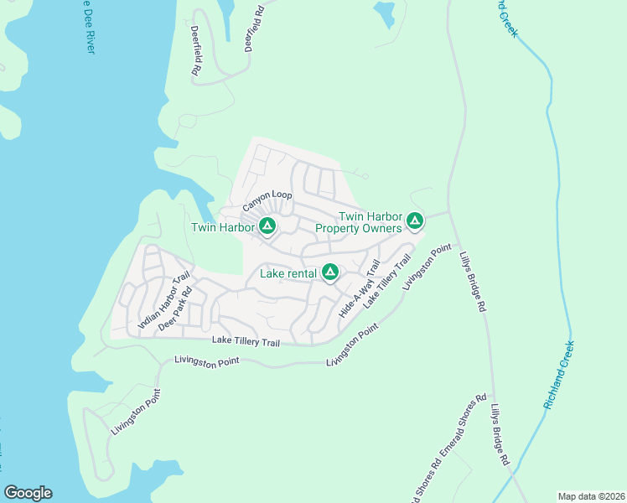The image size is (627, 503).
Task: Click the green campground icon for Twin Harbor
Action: click(x=267, y=226)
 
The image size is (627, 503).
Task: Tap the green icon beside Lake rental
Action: click(x=330, y=272)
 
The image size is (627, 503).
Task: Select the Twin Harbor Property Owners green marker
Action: click(x=414, y=221)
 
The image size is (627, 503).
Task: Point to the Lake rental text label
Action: click(x=288, y=273)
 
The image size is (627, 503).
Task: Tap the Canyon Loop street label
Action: click(x=267, y=201)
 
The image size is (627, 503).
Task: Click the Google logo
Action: click(x=28, y=493)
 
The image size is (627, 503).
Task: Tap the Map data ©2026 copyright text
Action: click(x=590, y=495)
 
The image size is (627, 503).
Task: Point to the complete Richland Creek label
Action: click(x=559, y=375)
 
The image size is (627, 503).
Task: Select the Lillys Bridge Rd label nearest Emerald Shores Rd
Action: click(x=500, y=433)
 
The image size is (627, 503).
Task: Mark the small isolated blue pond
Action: click(x=384, y=12)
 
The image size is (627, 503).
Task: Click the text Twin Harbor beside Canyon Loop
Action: click(x=222, y=227)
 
